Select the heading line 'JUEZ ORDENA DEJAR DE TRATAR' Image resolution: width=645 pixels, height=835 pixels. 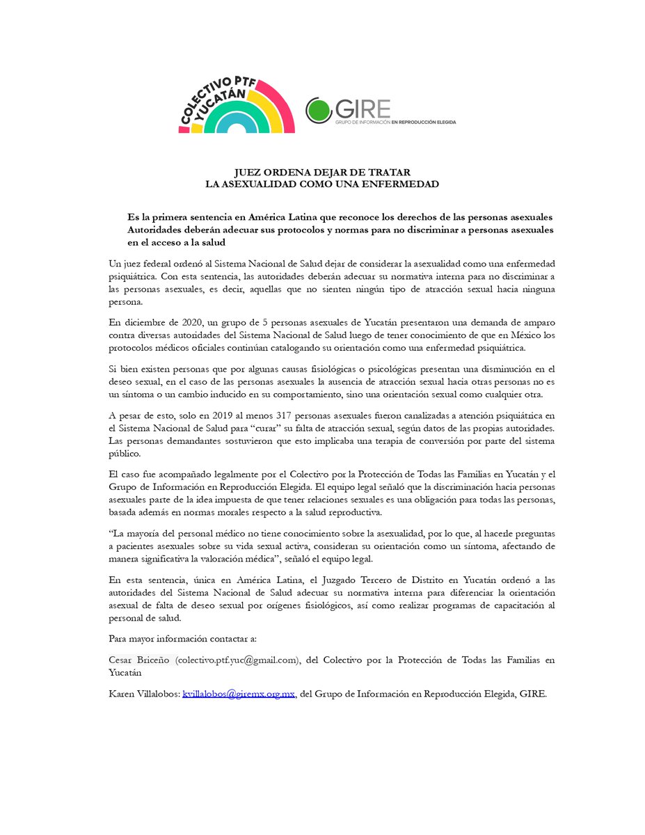321,173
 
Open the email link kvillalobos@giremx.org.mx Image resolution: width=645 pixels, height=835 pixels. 239,694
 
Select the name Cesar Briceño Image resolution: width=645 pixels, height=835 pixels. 140,660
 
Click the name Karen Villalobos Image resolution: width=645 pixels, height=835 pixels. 143,694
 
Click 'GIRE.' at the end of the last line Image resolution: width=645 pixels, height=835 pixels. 533,694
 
